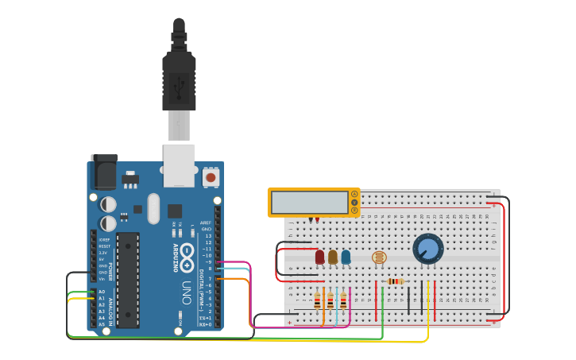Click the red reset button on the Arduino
click(x=211, y=177)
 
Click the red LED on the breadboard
click(x=320, y=257)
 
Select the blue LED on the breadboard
click(x=346, y=257)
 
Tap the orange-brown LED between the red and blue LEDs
click(x=333, y=257)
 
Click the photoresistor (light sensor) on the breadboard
click(x=379, y=257)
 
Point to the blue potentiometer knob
click(x=428, y=249)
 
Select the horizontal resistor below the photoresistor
click(x=395, y=281)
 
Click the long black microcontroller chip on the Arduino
click(x=128, y=279)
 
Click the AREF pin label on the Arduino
click(x=206, y=223)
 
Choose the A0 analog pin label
click(x=101, y=292)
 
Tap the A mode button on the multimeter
click(x=354, y=194)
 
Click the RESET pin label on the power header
click(x=104, y=246)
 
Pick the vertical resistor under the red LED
click(x=318, y=300)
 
